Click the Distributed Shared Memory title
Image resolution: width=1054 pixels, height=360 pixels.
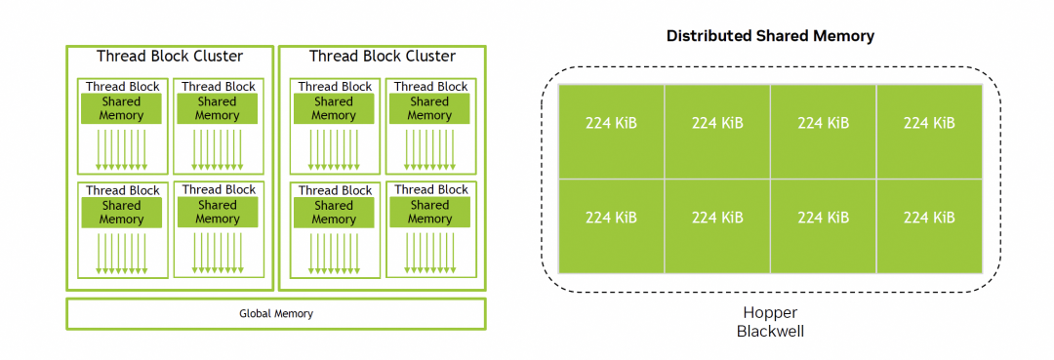pyautogui.click(x=770, y=36)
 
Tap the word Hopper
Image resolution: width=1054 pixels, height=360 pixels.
pyautogui.click(x=770, y=312)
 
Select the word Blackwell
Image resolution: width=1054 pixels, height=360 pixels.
pyautogui.click(x=770, y=331)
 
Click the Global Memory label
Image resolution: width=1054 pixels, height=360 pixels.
pyautogui.click(x=276, y=313)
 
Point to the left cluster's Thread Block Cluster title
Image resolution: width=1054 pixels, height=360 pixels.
pyautogui.click(x=170, y=56)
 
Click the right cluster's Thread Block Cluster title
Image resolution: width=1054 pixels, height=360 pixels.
pyautogui.click(x=383, y=56)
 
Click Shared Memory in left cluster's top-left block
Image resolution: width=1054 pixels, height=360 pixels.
pyautogui.click(x=122, y=109)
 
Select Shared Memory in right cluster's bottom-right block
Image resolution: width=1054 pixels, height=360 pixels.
pyautogui.click(x=429, y=213)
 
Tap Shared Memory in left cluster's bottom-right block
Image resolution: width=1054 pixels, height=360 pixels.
pyautogui.click(x=218, y=213)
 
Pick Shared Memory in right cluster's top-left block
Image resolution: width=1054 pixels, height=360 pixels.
pyautogui.click(x=334, y=109)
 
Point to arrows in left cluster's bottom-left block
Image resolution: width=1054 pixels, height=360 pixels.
pyautogui.click(x=122, y=254)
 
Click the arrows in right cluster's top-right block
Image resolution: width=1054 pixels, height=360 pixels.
pyautogui.click(x=429, y=150)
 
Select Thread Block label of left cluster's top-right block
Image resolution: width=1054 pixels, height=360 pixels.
pyautogui.click(x=219, y=87)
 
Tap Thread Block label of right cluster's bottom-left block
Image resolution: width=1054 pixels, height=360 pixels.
pyautogui.click(x=335, y=191)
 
